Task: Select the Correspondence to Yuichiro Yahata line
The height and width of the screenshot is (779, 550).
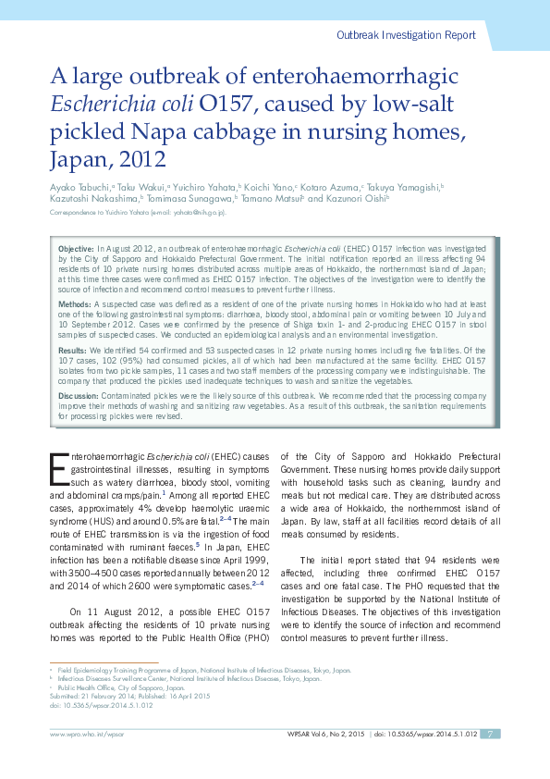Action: tap(139, 214)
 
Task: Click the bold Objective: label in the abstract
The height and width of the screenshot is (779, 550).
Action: tap(76, 251)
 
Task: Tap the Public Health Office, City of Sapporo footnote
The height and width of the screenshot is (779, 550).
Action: tap(119, 687)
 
